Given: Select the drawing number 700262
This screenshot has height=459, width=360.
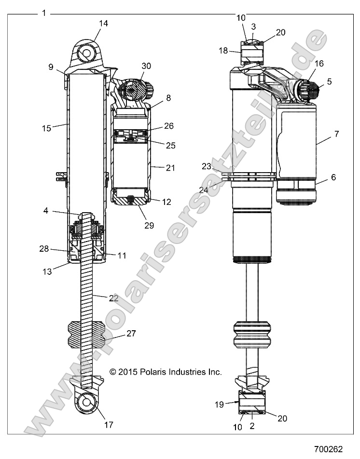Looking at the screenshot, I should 329,449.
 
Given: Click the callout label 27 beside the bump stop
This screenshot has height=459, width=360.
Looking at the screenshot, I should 131,334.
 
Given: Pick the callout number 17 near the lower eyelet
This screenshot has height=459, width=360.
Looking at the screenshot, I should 109,425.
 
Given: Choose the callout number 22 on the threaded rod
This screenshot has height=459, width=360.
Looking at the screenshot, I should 113,298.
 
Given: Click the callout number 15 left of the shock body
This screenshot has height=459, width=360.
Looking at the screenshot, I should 46,128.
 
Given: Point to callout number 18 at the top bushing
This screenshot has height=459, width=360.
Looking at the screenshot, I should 222,51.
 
